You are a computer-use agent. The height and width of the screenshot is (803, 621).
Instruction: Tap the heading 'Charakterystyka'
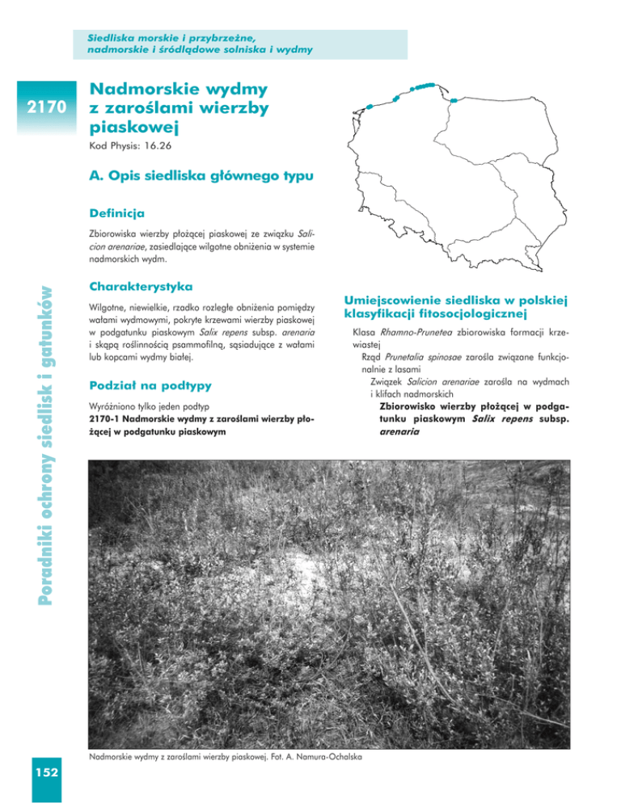click(x=140, y=286)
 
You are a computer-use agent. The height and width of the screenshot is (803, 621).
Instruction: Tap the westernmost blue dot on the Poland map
click(x=369, y=106)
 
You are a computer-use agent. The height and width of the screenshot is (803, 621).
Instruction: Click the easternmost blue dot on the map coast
click(x=453, y=100)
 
